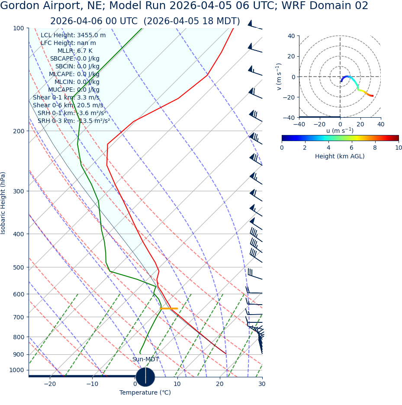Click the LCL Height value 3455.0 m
coord(91,35)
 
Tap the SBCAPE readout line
coord(74,59)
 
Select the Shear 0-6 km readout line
coord(68,106)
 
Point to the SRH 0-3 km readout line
coord(74,121)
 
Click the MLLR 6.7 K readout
coord(75,51)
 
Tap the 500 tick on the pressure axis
coord(18,267)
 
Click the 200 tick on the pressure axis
coord(18,131)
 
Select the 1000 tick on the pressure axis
coord(16,370)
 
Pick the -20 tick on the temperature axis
coord(50,384)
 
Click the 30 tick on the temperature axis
coord(262,384)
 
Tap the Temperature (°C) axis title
coord(145,393)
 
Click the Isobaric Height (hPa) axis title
coord(3,203)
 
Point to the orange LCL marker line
coord(169,309)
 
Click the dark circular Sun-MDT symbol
coord(145,377)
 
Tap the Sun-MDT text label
coord(145,360)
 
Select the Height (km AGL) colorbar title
coord(340,157)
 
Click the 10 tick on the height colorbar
coord(399,148)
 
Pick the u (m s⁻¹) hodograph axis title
coord(340,131)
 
